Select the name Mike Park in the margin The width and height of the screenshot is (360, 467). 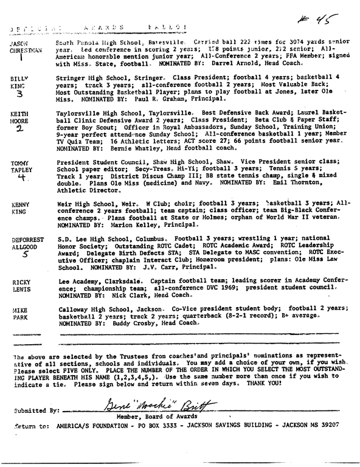(x=20, y=315)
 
